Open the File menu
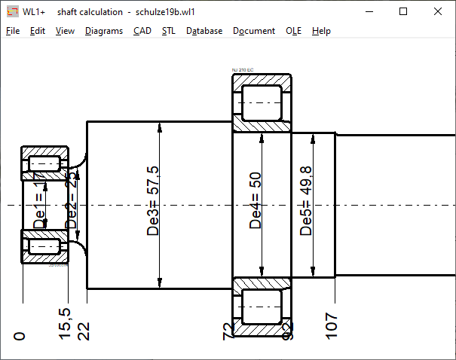[x=13, y=31]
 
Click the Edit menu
[x=38, y=31]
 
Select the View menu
[x=65, y=31]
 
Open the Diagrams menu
[x=104, y=31]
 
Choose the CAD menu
[x=142, y=31]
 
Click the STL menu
[x=169, y=31]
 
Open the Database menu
[x=204, y=31]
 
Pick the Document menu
[x=254, y=31]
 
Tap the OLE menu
[x=294, y=31]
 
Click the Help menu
[x=321, y=31]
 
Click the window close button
[x=438, y=12]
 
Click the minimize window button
[x=369, y=12]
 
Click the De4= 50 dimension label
[x=256, y=200]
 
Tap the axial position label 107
[x=332, y=326]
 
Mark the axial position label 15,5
[x=65, y=322]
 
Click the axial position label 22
[x=84, y=330]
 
